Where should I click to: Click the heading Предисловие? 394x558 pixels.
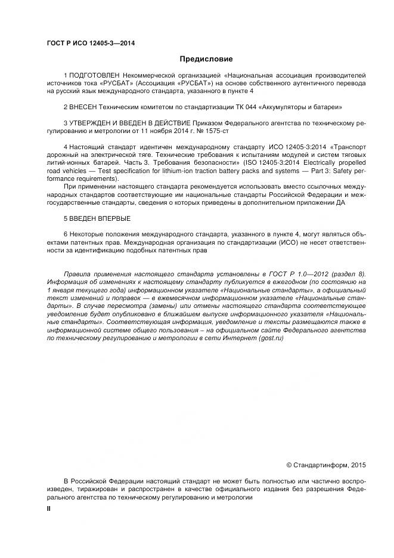(206, 59)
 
